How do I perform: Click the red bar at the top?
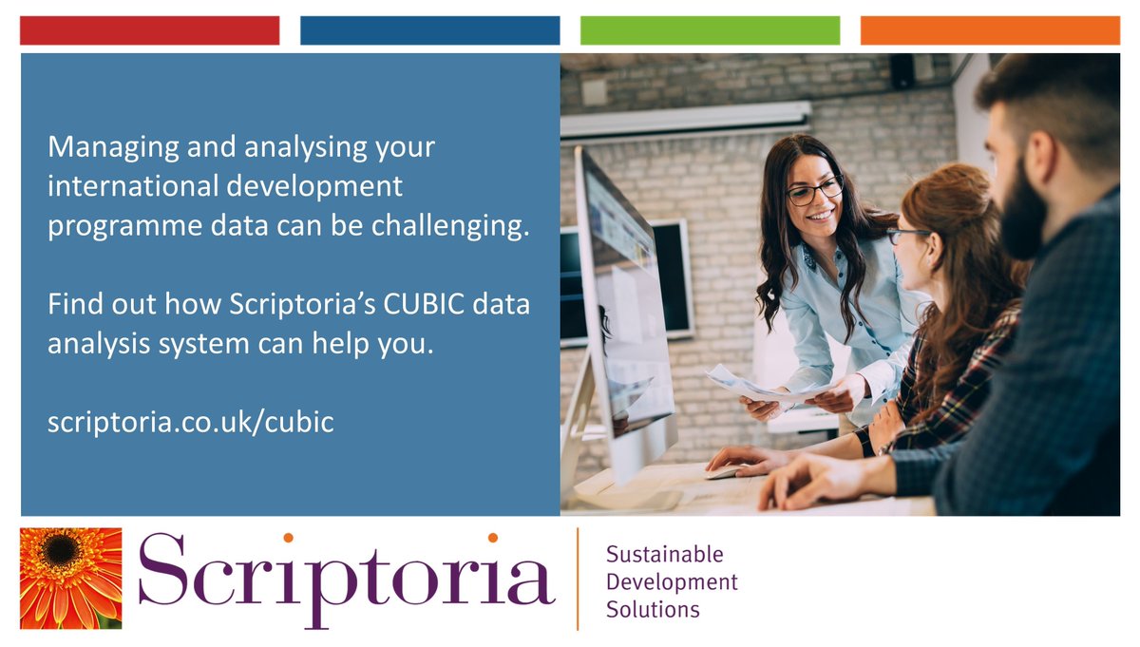(149, 30)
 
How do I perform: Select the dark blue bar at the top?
(429, 30)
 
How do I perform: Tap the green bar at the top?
(710, 30)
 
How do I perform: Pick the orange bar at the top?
(990, 30)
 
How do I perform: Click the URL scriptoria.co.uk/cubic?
(190, 422)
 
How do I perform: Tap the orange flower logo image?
(71, 578)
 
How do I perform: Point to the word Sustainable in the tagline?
(664, 554)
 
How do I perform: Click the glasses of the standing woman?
(814, 190)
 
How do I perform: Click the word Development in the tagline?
(671, 581)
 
